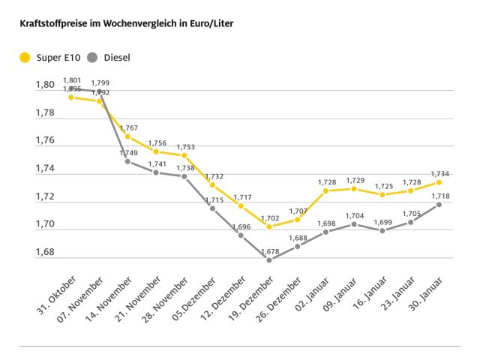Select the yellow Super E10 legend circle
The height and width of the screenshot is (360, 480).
25,57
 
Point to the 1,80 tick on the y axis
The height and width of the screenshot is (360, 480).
46,85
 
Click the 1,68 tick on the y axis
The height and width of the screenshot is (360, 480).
46,252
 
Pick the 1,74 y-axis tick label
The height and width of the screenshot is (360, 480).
46,169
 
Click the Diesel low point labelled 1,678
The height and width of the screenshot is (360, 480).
269,259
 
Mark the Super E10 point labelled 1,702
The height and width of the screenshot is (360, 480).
269,226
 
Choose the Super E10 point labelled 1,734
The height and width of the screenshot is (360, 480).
439,182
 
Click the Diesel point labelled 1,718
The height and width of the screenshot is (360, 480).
439,204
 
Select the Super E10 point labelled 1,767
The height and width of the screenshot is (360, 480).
127,136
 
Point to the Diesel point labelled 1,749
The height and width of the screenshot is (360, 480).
127,161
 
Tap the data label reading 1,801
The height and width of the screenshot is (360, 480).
72,79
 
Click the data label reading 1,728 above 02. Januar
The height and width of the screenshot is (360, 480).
325,182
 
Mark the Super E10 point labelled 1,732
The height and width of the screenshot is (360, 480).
212,184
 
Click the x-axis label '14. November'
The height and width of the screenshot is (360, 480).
111,293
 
